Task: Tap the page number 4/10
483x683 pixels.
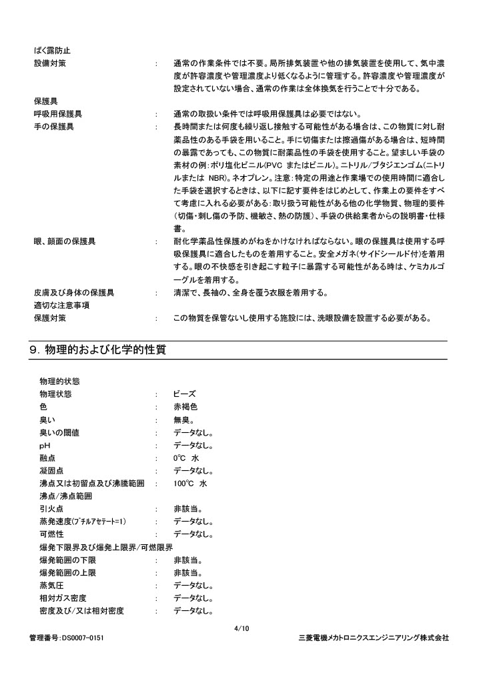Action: pyautogui.click(x=241, y=628)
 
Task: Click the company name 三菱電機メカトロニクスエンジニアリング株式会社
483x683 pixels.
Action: pyautogui.click(x=373, y=638)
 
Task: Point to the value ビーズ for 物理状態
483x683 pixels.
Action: pyautogui.click(x=185, y=394)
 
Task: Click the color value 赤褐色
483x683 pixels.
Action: pyautogui.click(x=185, y=407)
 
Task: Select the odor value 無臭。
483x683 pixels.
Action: pyautogui.click(x=183, y=420)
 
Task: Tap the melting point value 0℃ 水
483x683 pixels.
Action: pyautogui.click(x=186, y=458)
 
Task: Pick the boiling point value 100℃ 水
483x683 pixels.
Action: pyautogui.click(x=190, y=484)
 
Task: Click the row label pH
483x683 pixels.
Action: pyautogui.click(x=45, y=446)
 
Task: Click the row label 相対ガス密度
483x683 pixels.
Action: pyautogui.click(x=63, y=598)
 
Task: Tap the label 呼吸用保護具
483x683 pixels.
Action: pyautogui.click(x=57, y=113)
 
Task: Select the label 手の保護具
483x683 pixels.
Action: pyautogui.click(x=53, y=126)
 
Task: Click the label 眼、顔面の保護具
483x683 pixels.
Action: pyautogui.click(x=64, y=241)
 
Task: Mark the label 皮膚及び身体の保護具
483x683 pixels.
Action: pyautogui.click(x=73, y=292)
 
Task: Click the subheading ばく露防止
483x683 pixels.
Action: pyautogui.click(x=52, y=50)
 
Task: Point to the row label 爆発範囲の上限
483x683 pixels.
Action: pyautogui.click(x=67, y=572)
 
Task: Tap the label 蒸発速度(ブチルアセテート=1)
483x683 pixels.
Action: pyautogui.click(x=83, y=522)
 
